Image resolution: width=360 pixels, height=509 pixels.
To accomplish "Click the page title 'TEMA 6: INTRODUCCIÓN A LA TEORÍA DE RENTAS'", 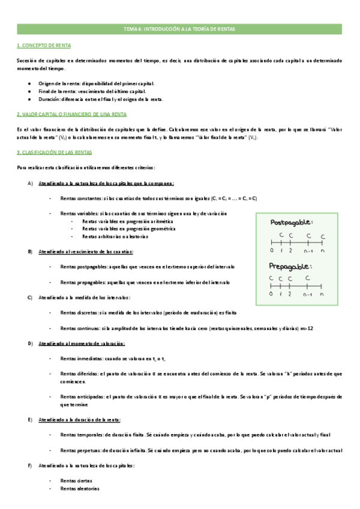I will (x=179, y=29).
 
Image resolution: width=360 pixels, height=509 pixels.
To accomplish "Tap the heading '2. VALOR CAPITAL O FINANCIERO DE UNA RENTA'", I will (x=71, y=113).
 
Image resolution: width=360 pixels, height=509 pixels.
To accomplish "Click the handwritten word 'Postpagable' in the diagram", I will (x=291, y=222).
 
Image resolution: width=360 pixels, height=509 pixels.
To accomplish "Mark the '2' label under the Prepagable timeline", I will (x=289, y=295).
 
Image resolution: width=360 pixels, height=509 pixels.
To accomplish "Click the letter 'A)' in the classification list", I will (x=30, y=183).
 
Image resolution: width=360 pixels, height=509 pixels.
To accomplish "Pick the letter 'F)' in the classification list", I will (x=30, y=465).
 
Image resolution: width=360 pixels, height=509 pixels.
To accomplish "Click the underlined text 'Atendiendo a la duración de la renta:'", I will (x=79, y=419).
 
